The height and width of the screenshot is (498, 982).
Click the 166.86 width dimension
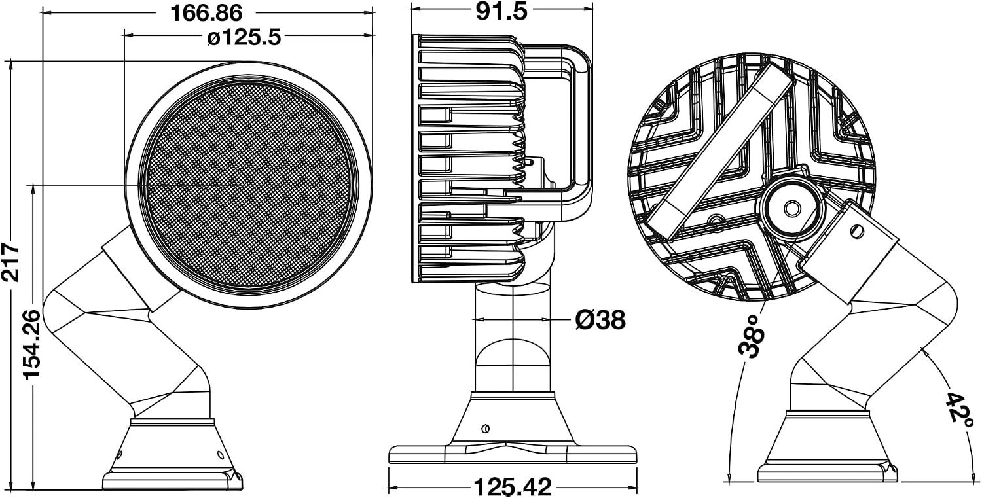pos(206,13)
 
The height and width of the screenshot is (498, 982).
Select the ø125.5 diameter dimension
pos(244,38)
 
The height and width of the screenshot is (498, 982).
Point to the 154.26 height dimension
pos(31,345)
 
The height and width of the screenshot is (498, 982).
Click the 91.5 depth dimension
pos(501,12)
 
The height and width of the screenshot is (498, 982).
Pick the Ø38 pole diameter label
pos(600,320)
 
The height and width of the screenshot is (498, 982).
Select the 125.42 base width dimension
pos(513,487)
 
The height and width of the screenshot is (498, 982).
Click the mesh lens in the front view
pos(249,185)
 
